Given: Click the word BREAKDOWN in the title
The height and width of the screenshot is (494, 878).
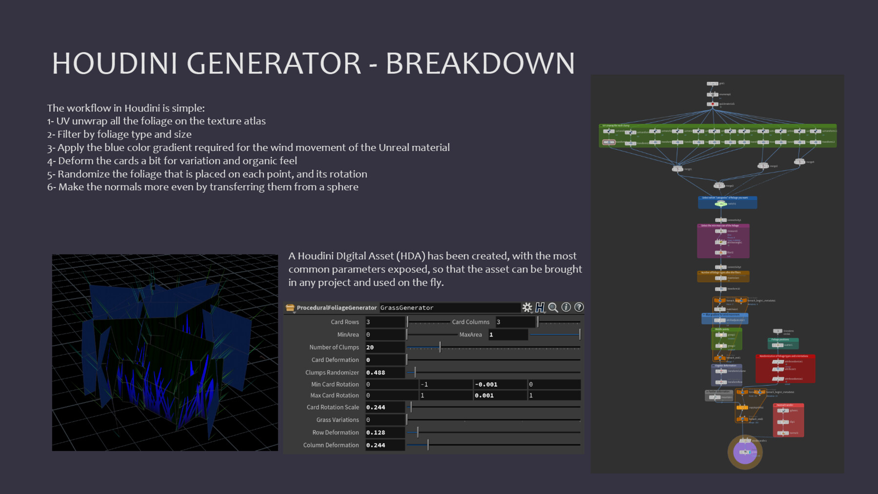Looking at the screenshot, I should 480,63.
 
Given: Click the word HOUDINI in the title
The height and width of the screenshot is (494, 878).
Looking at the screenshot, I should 115,63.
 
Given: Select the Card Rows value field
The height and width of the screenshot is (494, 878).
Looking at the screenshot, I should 385,322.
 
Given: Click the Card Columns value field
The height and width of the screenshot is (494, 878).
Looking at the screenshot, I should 515,322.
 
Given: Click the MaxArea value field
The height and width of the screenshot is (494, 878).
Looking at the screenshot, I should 507,335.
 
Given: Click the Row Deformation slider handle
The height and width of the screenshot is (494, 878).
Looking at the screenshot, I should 418,433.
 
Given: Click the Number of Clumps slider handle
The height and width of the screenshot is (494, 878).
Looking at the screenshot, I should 440,347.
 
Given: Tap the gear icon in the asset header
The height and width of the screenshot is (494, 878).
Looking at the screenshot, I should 527,307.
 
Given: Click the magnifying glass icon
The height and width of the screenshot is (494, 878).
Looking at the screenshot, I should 553,307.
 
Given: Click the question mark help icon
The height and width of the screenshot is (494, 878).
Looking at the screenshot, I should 579,307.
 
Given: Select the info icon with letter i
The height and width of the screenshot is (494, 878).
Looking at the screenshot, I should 566,307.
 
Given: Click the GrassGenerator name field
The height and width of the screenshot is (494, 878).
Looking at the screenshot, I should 449,308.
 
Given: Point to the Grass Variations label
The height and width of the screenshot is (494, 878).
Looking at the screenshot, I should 337,420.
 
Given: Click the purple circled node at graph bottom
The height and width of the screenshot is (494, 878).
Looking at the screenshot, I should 745,453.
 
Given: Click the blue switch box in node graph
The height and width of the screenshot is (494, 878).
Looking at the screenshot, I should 727,202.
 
